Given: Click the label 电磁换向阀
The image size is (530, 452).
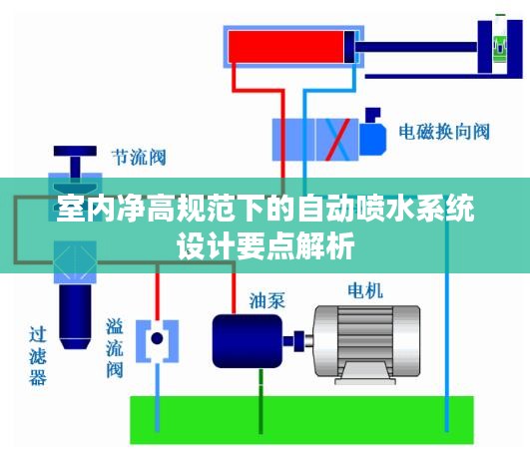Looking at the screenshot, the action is tap(444, 132).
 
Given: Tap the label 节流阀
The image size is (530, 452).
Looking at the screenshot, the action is tap(139, 158).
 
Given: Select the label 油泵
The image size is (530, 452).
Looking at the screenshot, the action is tap(267, 300).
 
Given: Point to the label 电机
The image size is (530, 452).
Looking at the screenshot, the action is tap(365, 290).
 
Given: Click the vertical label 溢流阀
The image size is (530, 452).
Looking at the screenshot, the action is tap(114, 347).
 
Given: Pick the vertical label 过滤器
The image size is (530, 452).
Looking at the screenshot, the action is tap(38, 356).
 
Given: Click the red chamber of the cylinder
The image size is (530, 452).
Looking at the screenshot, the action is tap(285, 47).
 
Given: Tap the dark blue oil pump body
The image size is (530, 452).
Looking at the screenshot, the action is tap(248, 341).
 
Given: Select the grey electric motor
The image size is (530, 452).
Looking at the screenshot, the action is tap(366, 344).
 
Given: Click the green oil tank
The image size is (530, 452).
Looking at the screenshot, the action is tap(301, 420).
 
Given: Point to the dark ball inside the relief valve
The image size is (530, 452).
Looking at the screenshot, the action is tap(157, 338).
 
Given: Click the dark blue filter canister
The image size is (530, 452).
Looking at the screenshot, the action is tap(75, 316).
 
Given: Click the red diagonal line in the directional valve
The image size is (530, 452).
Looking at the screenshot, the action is tap(337, 140).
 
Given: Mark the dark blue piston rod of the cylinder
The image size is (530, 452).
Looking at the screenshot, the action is tap(416, 47).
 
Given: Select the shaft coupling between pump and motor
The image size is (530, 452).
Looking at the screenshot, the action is tap(297, 341).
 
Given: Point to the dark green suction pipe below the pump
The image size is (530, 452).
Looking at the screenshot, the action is tap(261, 401).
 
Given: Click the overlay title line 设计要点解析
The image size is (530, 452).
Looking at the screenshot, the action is tap(265, 245).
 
